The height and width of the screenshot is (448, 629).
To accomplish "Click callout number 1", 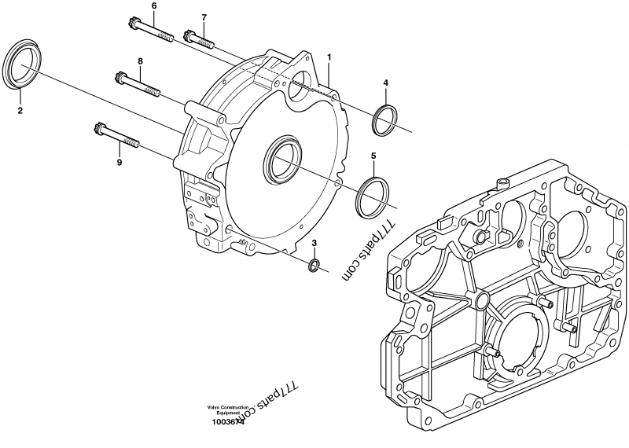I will pyautogui.click(x=329, y=57).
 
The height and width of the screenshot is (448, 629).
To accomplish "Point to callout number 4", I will pyautogui.click(x=385, y=83).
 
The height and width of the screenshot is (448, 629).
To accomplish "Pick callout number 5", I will pyautogui.click(x=373, y=156).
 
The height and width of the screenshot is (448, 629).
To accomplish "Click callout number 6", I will pyautogui.click(x=153, y=6).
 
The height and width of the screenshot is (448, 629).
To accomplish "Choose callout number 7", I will pyautogui.click(x=204, y=17).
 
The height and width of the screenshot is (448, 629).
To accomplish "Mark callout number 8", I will pyautogui.click(x=140, y=61).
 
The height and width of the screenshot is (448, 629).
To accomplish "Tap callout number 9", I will pyautogui.click(x=120, y=163).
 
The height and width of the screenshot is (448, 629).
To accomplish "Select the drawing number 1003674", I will pyautogui.click(x=228, y=422).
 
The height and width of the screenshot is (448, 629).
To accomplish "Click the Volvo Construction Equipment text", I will pyautogui.click(x=229, y=409).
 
